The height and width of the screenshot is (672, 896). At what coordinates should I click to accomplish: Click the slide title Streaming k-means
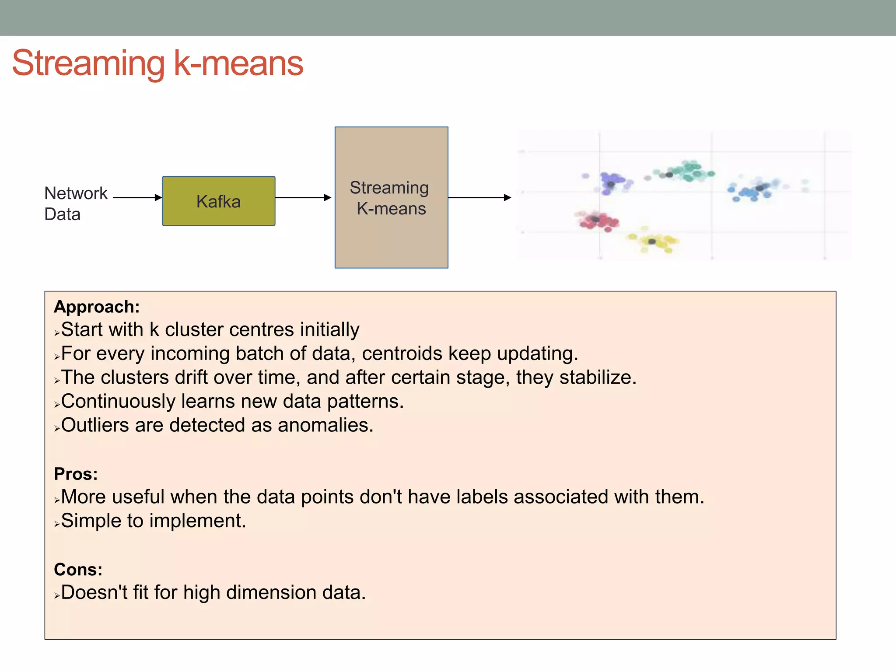(x=157, y=63)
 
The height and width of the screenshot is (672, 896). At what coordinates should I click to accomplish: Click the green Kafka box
(x=218, y=201)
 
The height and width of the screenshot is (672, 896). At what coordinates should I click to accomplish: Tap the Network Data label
(x=75, y=203)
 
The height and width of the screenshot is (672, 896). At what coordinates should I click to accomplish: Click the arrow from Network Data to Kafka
(x=137, y=198)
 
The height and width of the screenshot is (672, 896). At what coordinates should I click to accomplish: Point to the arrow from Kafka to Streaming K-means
(x=303, y=198)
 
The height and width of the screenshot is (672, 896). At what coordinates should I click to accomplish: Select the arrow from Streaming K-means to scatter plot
(x=479, y=198)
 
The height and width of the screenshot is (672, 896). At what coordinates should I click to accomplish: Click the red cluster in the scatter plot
(x=598, y=220)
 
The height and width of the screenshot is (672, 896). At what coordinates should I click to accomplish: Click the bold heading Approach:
(x=97, y=307)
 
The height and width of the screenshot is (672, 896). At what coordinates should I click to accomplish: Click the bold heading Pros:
(x=76, y=474)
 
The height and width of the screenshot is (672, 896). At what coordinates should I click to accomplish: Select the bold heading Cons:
(x=78, y=570)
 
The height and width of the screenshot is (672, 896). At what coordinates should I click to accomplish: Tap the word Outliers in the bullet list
(x=94, y=425)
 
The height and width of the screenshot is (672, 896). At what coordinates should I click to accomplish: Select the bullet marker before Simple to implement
(x=57, y=524)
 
